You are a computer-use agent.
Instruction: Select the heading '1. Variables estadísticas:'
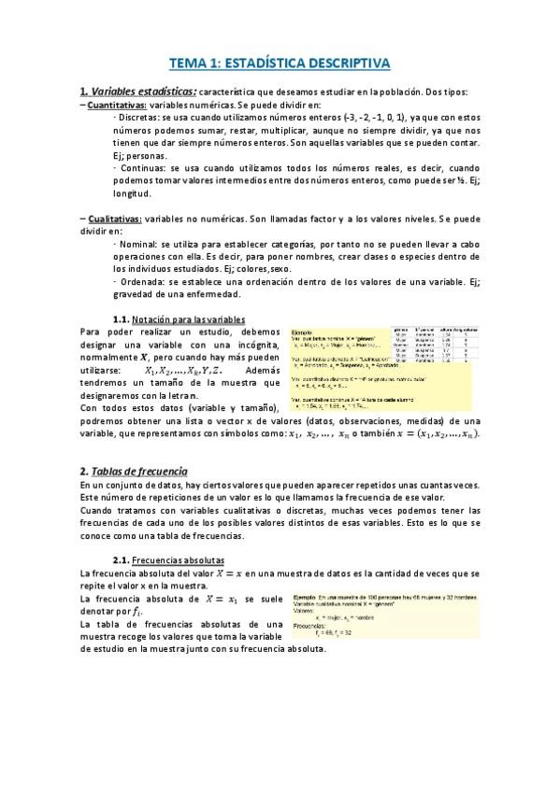click(x=138, y=91)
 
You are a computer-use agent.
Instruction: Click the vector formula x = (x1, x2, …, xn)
click(x=440, y=434)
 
